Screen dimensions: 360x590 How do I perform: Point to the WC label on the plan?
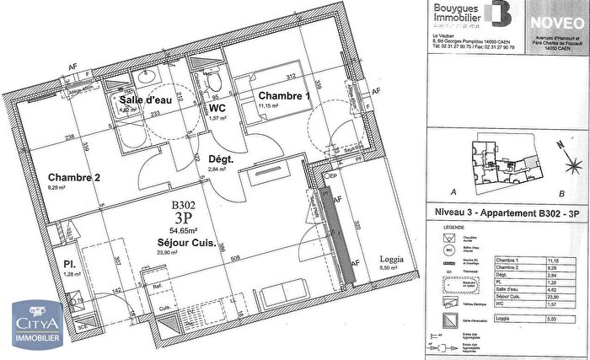217,109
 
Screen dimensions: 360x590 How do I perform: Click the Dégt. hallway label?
220,159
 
